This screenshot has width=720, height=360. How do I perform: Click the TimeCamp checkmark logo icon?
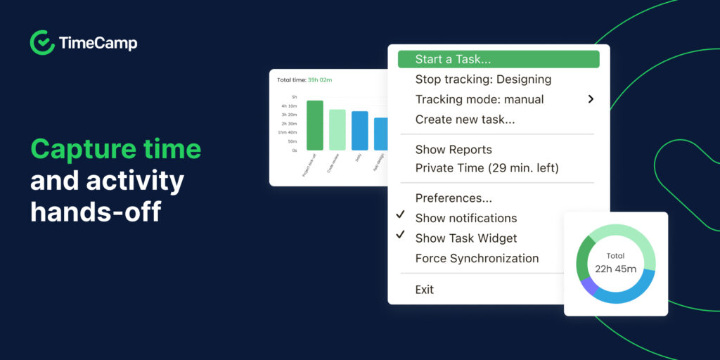(42, 43)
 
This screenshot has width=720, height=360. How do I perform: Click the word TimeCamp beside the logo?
(98, 44)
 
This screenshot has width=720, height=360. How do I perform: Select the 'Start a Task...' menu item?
(453, 60)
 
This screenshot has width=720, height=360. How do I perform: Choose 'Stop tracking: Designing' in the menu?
(483, 79)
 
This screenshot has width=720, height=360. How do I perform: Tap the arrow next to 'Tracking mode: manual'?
(591, 99)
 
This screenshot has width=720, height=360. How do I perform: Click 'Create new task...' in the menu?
(465, 120)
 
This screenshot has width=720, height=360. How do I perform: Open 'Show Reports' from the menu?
(454, 149)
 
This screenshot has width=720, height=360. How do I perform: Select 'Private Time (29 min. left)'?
(487, 168)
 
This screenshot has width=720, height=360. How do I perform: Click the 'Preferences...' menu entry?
(454, 198)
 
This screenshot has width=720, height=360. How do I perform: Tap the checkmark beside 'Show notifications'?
(400, 214)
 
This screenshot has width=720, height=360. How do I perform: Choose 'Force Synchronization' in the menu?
(477, 258)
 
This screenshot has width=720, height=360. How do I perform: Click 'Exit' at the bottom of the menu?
(425, 290)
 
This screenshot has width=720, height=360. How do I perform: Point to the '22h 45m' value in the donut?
(615, 269)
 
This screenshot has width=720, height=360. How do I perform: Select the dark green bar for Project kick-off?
(315, 125)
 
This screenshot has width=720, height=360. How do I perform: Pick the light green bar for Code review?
(337, 129)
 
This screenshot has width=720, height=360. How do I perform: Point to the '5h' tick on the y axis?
(294, 97)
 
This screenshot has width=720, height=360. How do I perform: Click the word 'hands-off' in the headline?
(96, 211)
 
